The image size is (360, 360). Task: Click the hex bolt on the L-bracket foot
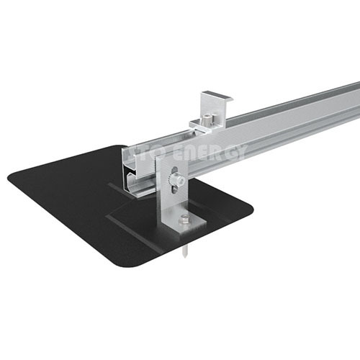tap(185, 219)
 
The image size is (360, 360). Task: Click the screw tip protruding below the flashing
tap(186, 252)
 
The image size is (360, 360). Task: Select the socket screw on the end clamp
tap(207, 120)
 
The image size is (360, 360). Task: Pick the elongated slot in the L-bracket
tap(176, 180)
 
